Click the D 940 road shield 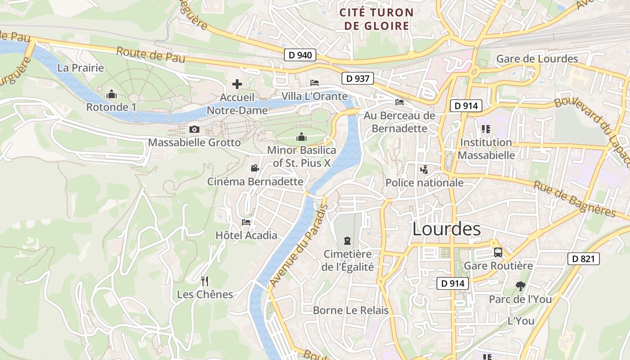pyautogui.click(x=300, y=55)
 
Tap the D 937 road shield pyautogui.click(x=358, y=79)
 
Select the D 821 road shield pyautogui.click(x=584, y=259)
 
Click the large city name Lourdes pyautogui.click(x=446, y=229)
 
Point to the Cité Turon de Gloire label pyautogui.click(x=377, y=19)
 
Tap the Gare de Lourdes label pyautogui.click(x=537, y=59)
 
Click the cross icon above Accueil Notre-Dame pyautogui.click(x=237, y=84)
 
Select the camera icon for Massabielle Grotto pyautogui.click(x=194, y=130)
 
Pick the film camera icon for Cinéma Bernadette pyautogui.click(x=255, y=168)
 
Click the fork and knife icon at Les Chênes pyautogui.click(x=205, y=281)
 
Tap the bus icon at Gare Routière pyautogui.click(x=498, y=252)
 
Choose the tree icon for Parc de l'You pyautogui.click(x=520, y=286)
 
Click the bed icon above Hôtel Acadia pyautogui.click(x=246, y=222)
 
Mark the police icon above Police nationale pyautogui.click(x=424, y=170)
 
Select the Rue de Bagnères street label pyautogui.click(x=575, y=198)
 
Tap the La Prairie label pyautogui.click(x=81, y=68)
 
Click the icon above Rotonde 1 pyautogui.click(x=111, y=94)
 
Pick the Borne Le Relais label pyautogui.click(x=351, y=310)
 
